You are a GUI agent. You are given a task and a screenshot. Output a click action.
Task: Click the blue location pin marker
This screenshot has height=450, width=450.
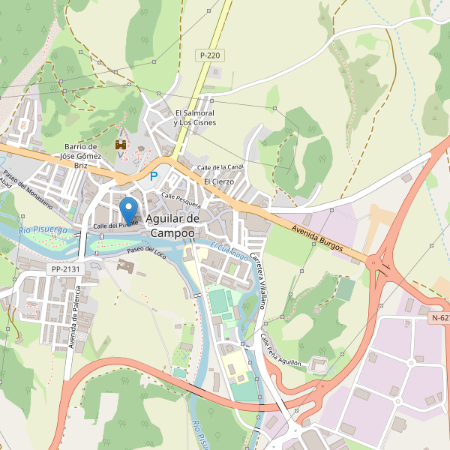[129, 207]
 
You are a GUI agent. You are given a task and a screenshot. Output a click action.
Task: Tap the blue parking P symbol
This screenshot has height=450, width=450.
[154, 177]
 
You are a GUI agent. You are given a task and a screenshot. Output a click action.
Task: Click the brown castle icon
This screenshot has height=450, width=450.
[119, 143]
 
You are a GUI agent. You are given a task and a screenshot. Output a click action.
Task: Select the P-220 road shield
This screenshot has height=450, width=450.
[209, 55]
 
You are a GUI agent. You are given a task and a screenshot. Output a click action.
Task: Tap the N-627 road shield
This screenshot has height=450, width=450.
[440, 318]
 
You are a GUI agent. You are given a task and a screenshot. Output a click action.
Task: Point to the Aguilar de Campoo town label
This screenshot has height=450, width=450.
[172, 225]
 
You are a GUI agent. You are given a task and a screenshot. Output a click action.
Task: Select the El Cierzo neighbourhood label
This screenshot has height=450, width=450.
[219, 181]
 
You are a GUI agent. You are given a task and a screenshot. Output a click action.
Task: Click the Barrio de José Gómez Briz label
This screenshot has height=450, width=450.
[82, 157]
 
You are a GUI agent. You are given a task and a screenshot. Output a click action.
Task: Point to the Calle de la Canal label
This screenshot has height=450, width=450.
[220, 166]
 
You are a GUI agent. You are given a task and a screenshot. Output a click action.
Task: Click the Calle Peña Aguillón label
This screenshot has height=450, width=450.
[280, 351]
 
